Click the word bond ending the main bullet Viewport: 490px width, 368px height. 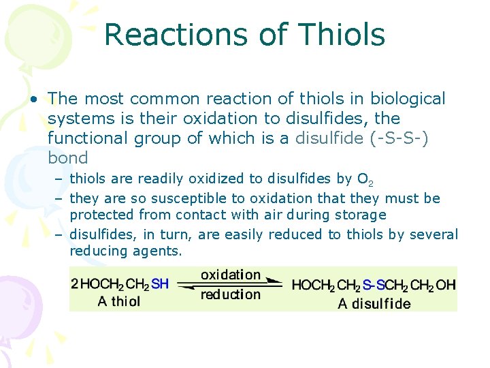click(x=68, y=158)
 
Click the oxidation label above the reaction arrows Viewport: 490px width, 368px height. click(x=231, y=275)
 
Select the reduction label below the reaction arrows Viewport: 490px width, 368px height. click(x=231, y=294)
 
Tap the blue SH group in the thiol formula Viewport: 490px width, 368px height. click(x=160, y=284)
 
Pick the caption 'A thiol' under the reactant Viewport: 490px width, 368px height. click(x=119, y=301)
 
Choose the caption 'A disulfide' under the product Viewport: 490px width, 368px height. click(x=374, y=303)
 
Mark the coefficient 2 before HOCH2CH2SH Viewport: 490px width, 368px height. click(x=75, y=284)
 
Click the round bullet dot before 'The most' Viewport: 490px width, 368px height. click(x=33, y=99)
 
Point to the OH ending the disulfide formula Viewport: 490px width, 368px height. click(x=446, y=285)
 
